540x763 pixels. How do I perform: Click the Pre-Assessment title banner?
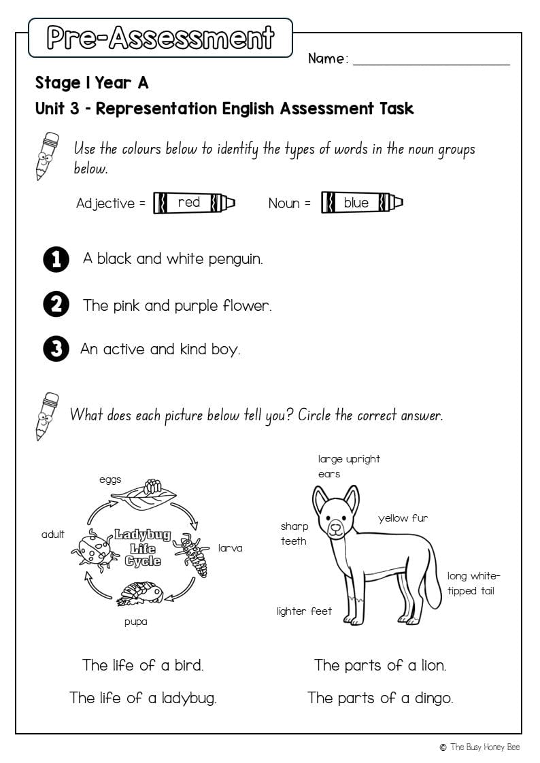pos(161,38)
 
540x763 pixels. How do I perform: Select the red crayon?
pos(194,203)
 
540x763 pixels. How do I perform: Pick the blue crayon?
pos(361,203)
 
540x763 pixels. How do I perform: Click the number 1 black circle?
pos(56,259)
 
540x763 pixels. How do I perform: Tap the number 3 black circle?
pos(56,350)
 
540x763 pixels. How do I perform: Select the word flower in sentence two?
pos(245,306)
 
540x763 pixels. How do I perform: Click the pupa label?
pos(135,622)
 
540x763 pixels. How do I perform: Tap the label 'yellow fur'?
pos(403,518)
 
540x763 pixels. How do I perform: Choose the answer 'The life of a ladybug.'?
pos(143,698)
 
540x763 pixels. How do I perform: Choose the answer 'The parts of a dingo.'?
pos(380,698)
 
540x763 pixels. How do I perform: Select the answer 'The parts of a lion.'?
pos(380,665)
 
